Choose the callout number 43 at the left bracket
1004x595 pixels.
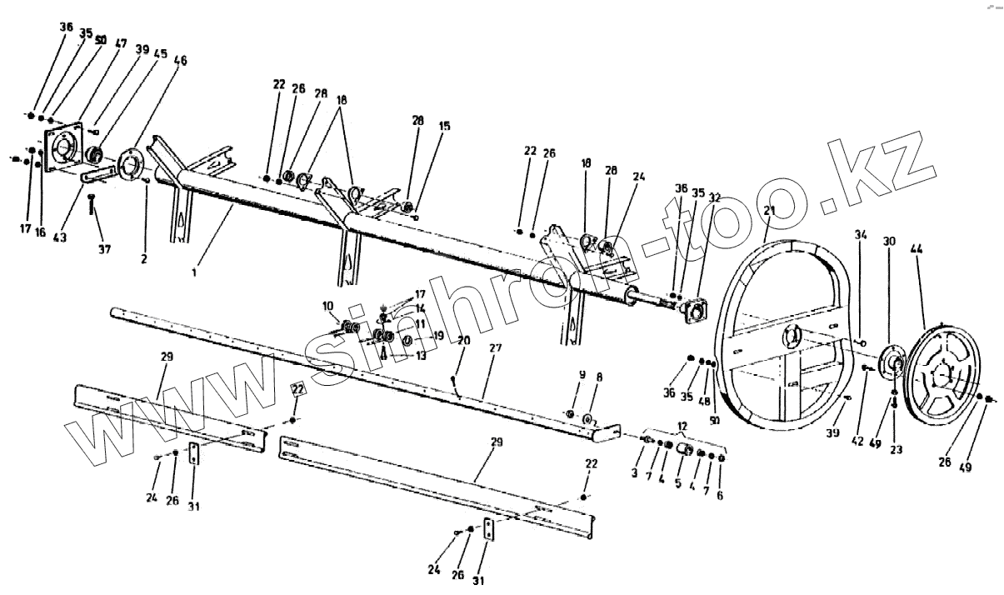point(60,237)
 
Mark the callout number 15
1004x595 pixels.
point(444,127)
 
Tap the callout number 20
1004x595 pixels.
point(463,340)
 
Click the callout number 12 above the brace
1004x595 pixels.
point(683,426)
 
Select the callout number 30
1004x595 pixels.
point(890,242)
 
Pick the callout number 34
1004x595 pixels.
point(861,236)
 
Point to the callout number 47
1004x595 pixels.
point(122,43)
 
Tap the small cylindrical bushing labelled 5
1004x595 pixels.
point(686,450)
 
